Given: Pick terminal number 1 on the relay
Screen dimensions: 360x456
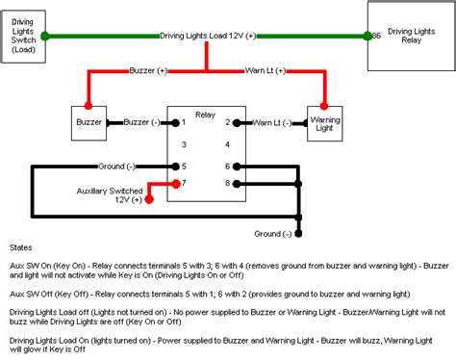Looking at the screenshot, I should point(183,122).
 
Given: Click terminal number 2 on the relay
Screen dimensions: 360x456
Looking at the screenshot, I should point(226,122).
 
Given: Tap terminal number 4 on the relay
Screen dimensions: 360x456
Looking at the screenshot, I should point(226,143).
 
